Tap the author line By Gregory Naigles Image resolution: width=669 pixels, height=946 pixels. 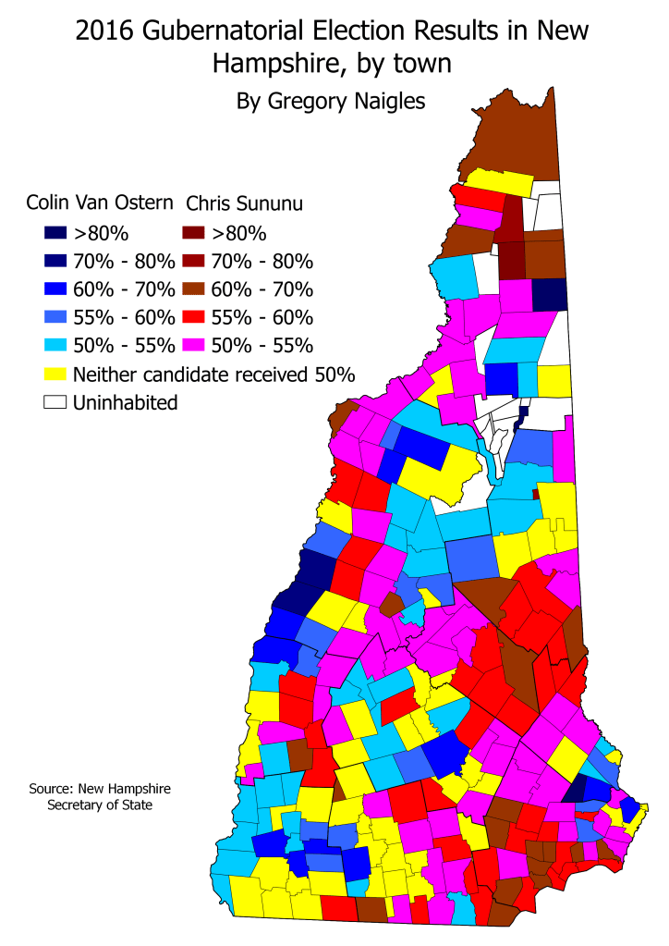click(x=332, y=100)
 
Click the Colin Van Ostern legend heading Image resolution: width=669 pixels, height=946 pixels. click(x=101, y=203)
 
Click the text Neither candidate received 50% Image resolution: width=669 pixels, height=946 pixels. click(x=213, y=375)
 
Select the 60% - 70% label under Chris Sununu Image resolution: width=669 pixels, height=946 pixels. click(x=262, y=289)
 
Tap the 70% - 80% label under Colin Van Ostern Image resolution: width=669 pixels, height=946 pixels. click(x=124, y=261)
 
